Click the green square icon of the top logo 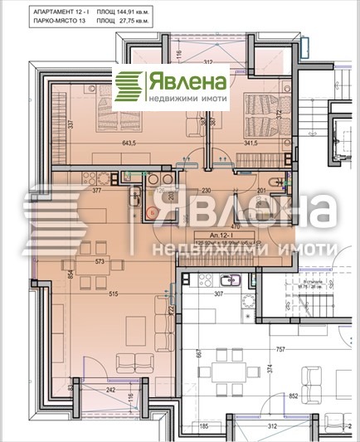click(x=129, y=85)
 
